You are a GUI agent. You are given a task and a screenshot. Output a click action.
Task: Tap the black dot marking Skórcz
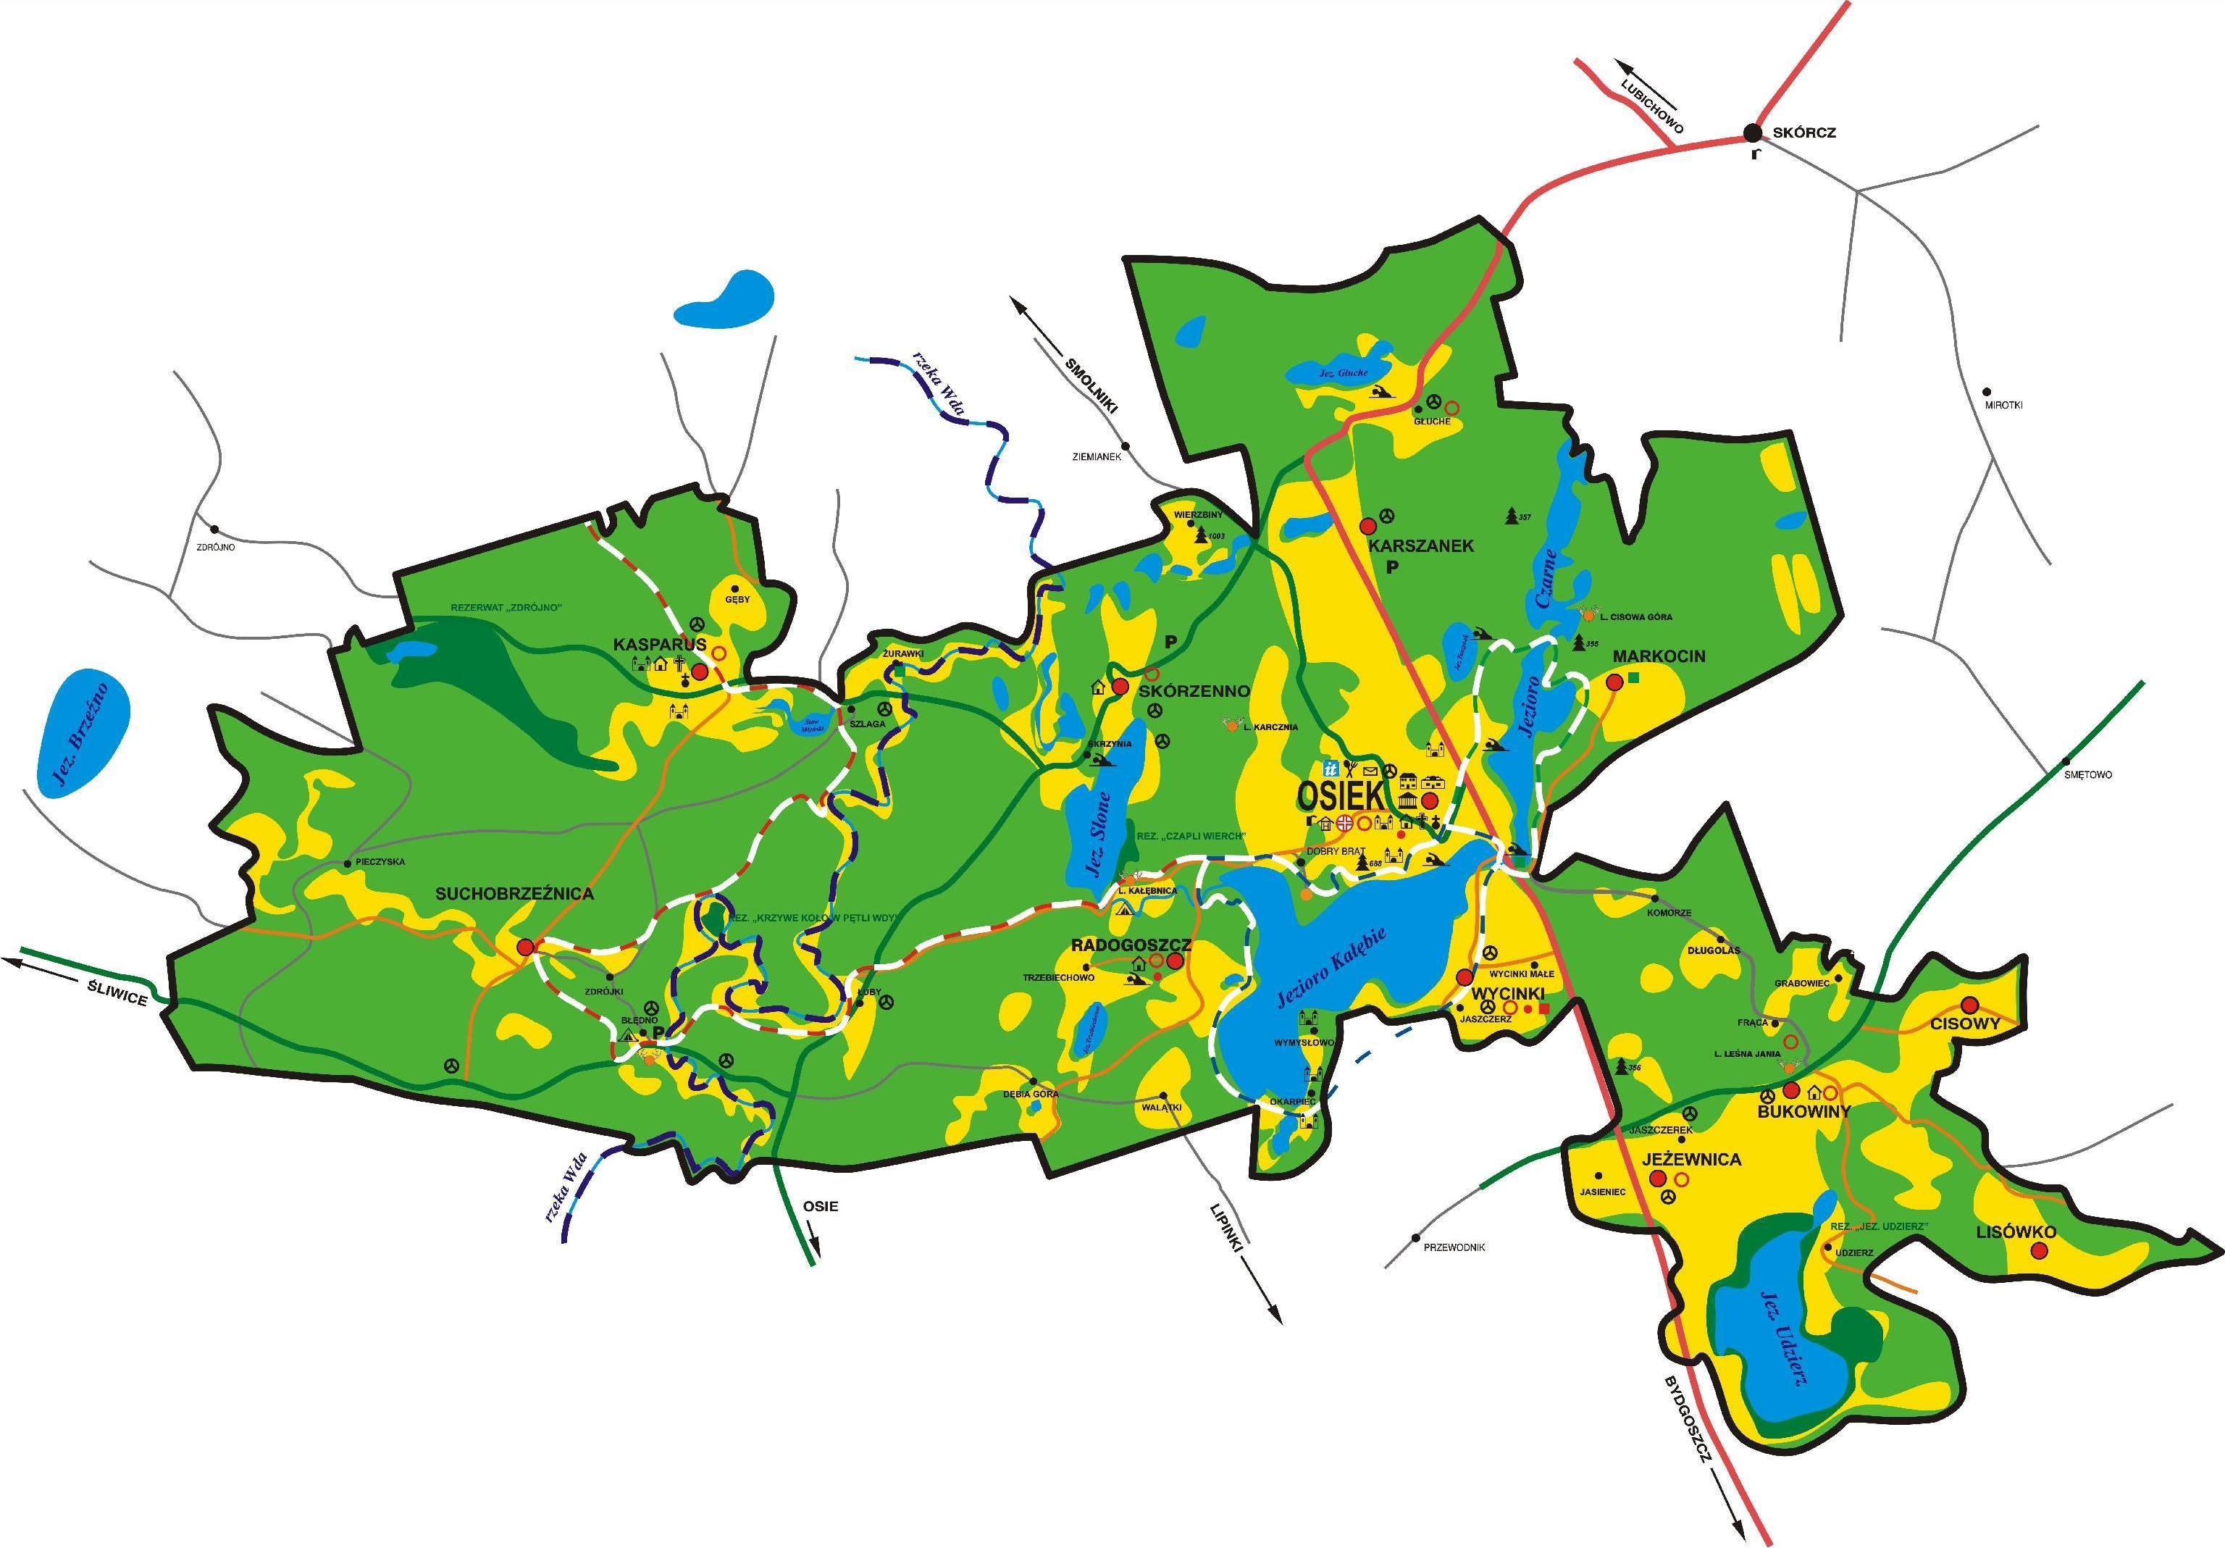coord(1752,133)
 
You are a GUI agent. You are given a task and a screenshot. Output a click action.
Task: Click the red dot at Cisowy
coord(1969,1003)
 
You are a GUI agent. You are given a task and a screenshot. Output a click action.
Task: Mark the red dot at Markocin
coord(1614,682)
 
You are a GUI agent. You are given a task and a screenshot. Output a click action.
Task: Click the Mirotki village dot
coord(1987,392)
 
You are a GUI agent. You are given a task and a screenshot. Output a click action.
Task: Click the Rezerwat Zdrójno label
coord(507,608)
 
